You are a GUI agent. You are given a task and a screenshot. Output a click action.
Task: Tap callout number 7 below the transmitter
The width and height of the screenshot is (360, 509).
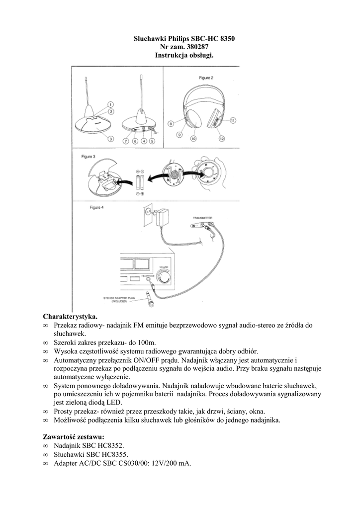coord(126,141)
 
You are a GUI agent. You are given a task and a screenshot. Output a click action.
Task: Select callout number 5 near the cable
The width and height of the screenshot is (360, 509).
coord(152,141)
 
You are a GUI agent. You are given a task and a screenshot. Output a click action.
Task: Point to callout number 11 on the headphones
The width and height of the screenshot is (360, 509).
coord(233,120)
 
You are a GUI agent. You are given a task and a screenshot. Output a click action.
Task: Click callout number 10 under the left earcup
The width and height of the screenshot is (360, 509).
coord(193,139)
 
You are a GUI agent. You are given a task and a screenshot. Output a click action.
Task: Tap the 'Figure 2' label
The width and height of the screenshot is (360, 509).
coord(206,78)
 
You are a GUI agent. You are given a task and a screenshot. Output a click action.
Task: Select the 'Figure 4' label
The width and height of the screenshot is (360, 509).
coord(96,207)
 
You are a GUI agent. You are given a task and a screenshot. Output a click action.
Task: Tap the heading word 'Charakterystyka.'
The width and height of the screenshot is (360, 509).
coord(71,316)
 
